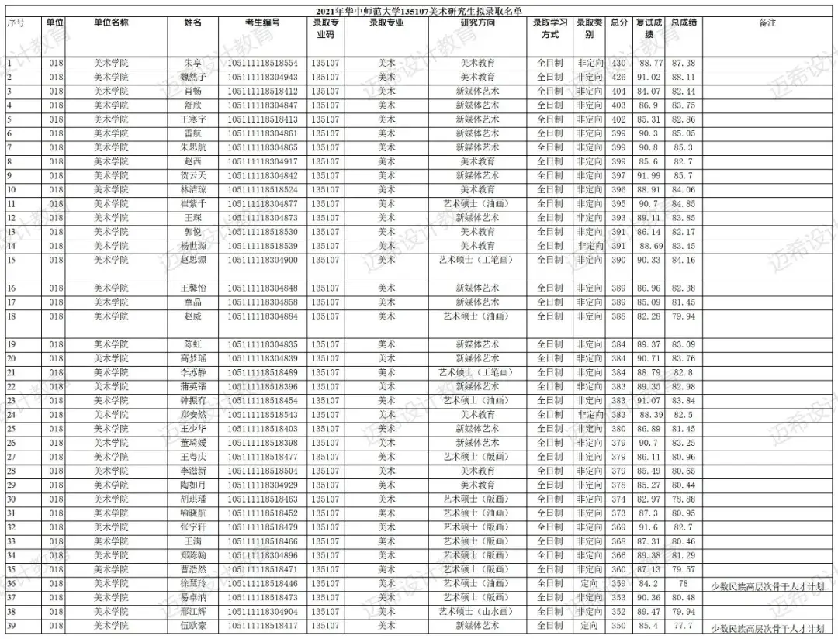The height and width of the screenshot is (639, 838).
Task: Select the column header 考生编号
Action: [x=262, y=23]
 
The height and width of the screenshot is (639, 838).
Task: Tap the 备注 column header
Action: [x=767, y=23]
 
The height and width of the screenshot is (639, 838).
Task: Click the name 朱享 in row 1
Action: [x=192, y=63]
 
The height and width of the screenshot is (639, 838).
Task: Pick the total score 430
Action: [x=618, y=63]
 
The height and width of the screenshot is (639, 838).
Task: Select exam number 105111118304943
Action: [x=262, y=78]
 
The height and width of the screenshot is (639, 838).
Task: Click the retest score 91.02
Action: [x=649, y=78]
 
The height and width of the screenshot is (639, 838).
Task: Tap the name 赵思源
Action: [x=192, y=260]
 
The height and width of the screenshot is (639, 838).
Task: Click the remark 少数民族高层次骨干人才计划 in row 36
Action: [x=767, y=586]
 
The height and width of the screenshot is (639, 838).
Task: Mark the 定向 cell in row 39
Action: [x=589, y=626]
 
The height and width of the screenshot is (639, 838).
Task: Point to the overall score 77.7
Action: [x=683, y=626]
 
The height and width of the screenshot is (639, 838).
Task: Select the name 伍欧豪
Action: [x=192, y=626]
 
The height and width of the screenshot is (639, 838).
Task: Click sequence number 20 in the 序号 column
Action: [x=12, y=358]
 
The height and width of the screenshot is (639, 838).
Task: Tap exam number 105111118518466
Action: [x=262, y=541]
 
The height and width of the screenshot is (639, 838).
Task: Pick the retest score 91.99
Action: [x=649, y=176]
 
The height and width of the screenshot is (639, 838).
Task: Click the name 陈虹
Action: [x=192, y=344]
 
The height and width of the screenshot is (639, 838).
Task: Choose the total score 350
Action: [x=618, y=626]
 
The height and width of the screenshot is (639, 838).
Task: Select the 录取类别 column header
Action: [x=589, y=29]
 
